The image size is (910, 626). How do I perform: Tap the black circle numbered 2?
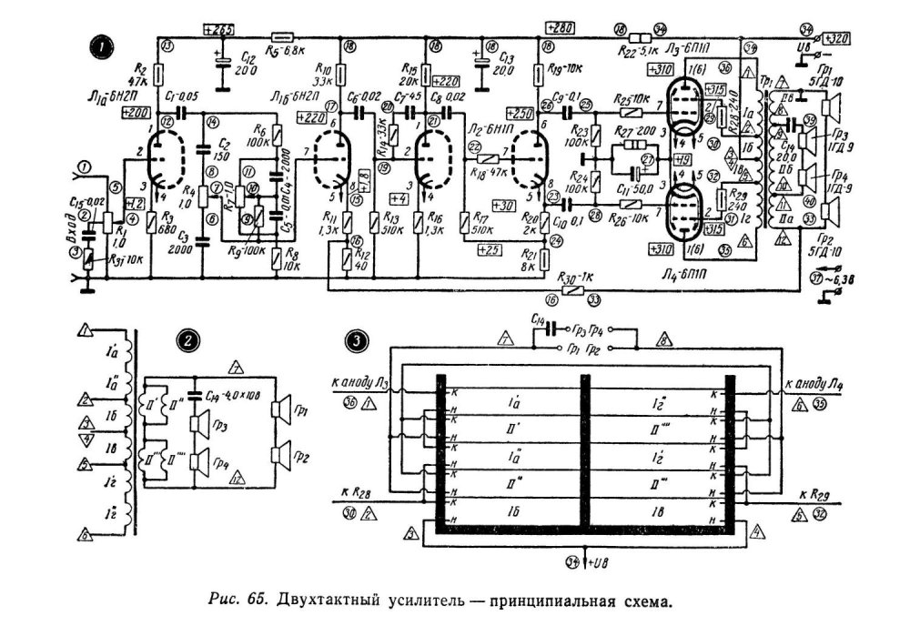click(x=186, y=341)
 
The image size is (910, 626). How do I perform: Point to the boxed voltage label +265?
click(x=220, y=30)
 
